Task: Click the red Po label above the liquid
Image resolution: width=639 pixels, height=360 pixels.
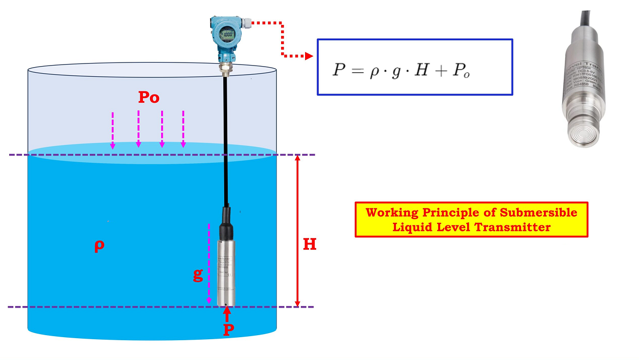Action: tap(148, 98)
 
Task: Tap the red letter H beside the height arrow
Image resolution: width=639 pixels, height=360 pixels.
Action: tap(310, 245)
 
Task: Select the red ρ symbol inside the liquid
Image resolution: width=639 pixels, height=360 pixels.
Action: tap(100, 246)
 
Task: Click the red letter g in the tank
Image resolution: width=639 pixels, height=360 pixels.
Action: tap(198, 275)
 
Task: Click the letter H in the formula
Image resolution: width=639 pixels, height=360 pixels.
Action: tap(421, 70)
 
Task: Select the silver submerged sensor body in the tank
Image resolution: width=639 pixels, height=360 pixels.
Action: tap(226, 272)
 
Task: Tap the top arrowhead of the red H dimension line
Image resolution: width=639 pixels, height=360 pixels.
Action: tap(298, 158)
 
